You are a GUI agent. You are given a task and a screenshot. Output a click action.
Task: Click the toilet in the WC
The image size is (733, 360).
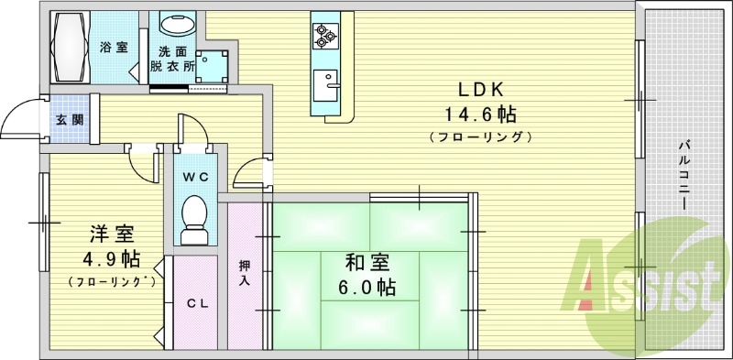[x=194, y=220]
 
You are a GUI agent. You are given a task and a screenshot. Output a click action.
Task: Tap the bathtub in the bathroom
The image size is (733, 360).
[x=71, y=48]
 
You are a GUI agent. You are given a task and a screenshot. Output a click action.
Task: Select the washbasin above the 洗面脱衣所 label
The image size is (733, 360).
[x=177, y=23]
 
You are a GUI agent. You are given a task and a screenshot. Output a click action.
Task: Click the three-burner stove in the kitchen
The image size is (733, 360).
[x=325, y=36]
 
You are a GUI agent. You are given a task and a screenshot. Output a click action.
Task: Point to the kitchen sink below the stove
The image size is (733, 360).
[x=325, y=85]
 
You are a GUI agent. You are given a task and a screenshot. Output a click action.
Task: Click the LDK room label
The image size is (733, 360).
[x=479, y=89]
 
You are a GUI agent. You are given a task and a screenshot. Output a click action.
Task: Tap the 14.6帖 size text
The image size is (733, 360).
[x=480, y=114]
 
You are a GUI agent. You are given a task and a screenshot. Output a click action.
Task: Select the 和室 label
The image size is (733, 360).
[x=367, y=264]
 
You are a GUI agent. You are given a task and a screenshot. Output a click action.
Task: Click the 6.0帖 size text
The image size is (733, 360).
[x=367, y=287]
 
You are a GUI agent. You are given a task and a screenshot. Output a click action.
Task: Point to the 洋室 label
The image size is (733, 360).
[x=112, y=235]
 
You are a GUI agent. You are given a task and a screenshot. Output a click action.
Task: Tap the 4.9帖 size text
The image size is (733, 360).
[x=111, y=258]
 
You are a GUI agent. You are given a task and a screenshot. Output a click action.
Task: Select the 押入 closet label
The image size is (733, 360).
[x=244, y=273]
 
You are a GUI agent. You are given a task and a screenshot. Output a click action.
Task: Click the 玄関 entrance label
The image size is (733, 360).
[x=71, y=120]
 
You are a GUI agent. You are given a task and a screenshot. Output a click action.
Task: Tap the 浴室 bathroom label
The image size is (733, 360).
[x=114, y=48]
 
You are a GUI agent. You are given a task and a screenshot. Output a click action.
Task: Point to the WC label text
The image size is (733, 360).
[x=196, y=177]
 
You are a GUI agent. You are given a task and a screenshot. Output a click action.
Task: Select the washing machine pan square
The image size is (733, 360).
[x=213, y=66]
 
